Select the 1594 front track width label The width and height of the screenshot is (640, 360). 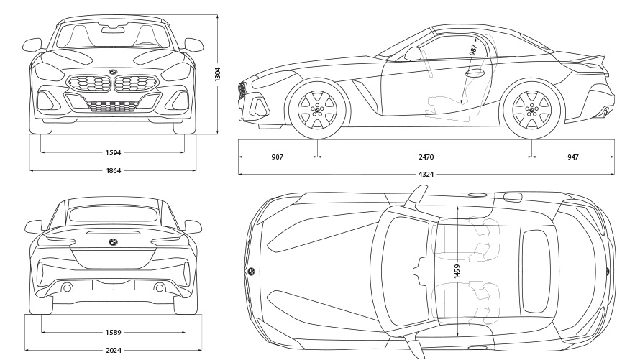click(112, 152)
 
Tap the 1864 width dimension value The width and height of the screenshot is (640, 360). click(112, 170)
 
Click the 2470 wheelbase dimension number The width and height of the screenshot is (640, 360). click(426, 156)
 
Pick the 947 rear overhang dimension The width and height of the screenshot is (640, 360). click(573, 156)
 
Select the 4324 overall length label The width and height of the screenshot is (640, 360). click(426, 174)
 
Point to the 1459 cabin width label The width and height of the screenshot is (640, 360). click(457, 270)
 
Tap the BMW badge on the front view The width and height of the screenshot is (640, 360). click(112, 72)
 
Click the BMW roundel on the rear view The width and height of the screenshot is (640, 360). click(112, 243)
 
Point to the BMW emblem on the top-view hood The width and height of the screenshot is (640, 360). click(252, 271)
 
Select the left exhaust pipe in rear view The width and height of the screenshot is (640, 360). click(67, 287)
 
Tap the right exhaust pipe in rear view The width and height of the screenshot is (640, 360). click(158, 287)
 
